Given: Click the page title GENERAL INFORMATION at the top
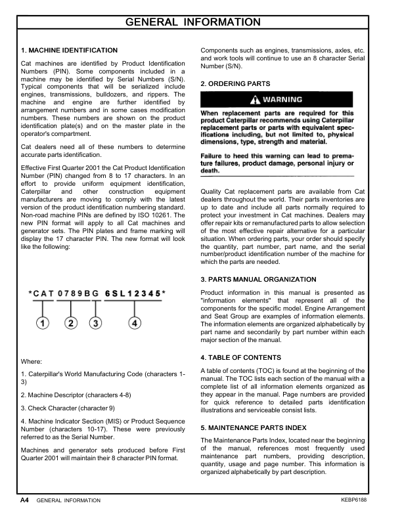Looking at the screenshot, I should tap(201, 22).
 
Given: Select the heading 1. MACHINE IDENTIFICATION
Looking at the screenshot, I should tap(69, 51).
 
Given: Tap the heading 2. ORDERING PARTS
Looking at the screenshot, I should tap(234, 84).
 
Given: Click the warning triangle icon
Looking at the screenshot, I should tap(256, 100).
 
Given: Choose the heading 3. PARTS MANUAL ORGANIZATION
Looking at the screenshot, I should tap(258, 280).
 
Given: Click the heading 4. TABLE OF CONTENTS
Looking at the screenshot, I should tap(240, 358).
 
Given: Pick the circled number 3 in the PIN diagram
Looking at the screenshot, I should tap(96, 322).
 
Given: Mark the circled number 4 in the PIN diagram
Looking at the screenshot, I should tap(134, 322).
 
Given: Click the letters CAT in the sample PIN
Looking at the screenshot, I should tap(43, 294).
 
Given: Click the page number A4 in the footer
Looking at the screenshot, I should tap(24, 500).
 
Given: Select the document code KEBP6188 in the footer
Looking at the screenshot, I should tap(356, 500).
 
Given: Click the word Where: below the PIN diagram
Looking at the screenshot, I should tap(32, 361).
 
